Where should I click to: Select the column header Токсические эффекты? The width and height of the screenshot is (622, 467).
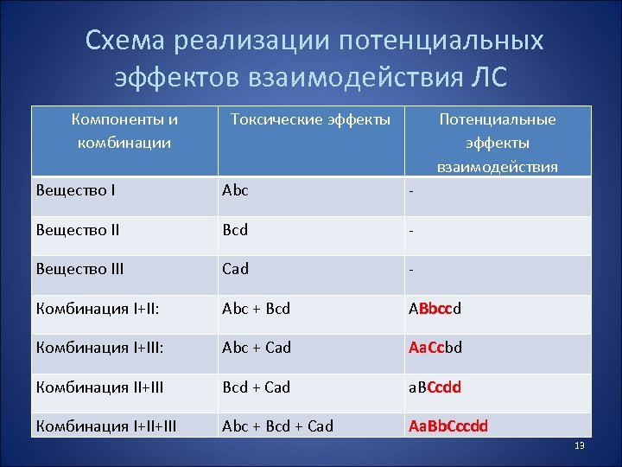click(310, 119)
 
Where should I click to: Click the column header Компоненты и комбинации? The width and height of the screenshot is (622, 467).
click(124, 131)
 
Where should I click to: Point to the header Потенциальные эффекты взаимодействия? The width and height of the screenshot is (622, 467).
click(497, 143)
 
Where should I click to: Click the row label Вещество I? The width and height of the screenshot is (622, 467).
click(77, 190)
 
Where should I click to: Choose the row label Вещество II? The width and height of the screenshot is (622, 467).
click(79, 230)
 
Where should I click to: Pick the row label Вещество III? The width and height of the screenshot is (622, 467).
click(80, 269)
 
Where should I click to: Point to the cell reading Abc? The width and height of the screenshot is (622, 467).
click(235, 190)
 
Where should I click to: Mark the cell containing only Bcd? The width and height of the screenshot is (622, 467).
click(235, 230)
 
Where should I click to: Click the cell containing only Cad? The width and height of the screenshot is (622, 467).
click(235, 269)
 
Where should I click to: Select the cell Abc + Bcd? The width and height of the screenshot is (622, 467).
click(257, 308)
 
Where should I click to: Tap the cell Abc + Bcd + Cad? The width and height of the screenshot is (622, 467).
click(277, 425)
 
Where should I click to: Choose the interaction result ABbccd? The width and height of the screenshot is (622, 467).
click(437, 308)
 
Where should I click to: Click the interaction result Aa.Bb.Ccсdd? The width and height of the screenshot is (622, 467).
click(449, 425)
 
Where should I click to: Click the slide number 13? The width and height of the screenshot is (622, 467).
click(580, 445)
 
